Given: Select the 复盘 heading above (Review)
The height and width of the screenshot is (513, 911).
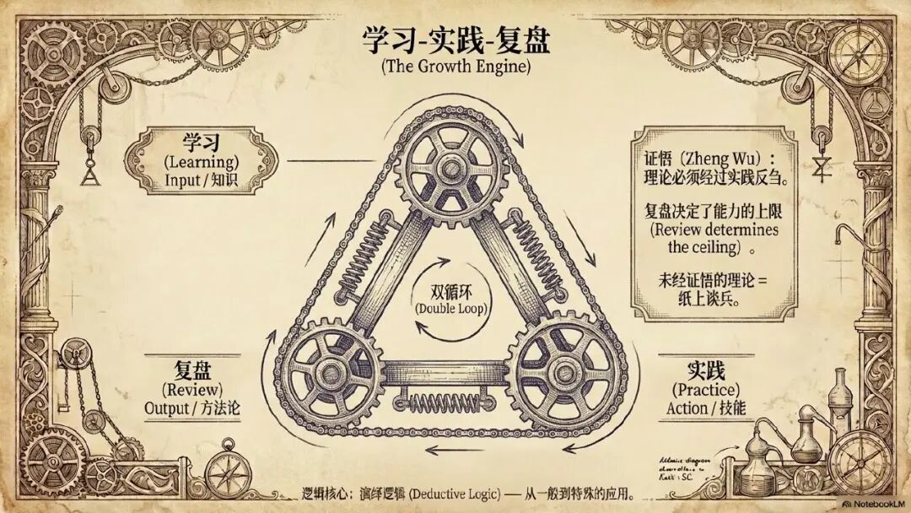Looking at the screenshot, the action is point(193,370).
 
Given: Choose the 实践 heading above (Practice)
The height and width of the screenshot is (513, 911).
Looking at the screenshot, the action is point(706,370).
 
